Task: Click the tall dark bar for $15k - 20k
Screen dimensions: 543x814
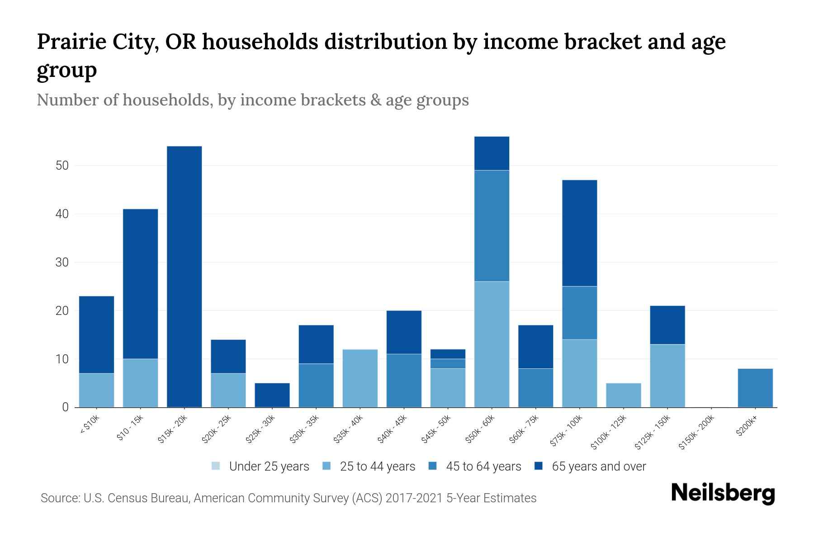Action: (184, 276)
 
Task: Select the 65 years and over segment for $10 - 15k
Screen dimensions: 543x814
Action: (140, 284)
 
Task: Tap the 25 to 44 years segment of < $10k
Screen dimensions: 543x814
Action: (96, 390)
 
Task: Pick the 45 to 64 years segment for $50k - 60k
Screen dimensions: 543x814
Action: (492, 226)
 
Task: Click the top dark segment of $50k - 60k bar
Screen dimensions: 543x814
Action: (492, 153)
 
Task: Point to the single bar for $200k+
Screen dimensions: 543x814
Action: (755, 388)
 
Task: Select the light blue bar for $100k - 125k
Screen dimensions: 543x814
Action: (623, 395)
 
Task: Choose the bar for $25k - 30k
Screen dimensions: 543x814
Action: (272, 395)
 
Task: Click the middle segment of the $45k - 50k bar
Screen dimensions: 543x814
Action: (448, 364)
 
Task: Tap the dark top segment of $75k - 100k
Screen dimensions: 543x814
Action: (579, 233)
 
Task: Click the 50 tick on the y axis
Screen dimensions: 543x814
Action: (62, 166)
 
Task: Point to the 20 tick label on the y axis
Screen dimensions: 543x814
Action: (62, 311)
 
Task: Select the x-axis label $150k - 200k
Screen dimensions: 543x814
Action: (697, 432)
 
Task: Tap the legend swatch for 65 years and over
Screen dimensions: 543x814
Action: (539, 466)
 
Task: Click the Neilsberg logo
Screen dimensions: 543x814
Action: (723, 493)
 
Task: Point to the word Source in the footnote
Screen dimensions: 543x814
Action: (59, 498)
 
